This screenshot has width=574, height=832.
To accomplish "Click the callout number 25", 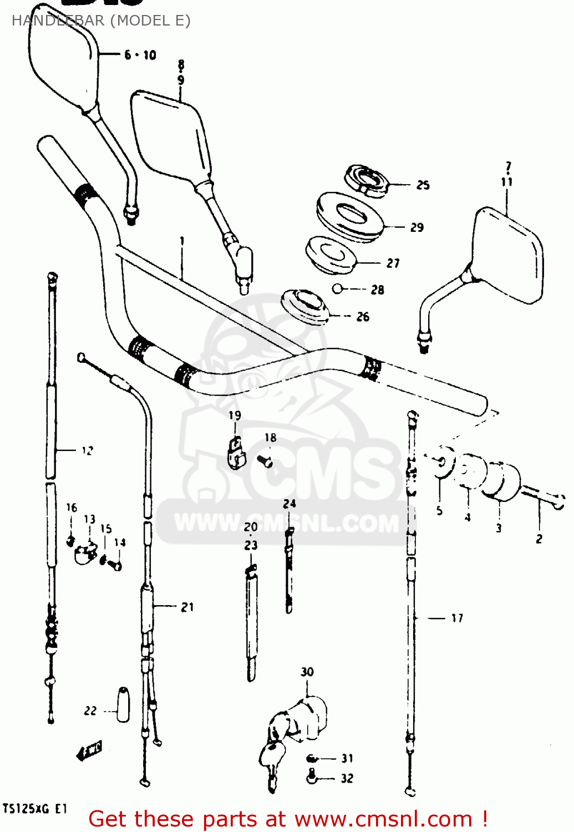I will [423, 185].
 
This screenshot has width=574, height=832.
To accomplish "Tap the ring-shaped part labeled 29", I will [349, 216].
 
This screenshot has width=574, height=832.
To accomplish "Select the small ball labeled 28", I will [337, 288].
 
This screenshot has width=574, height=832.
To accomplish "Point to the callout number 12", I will [87, 451].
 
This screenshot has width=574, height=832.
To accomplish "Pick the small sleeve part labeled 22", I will [123, 705].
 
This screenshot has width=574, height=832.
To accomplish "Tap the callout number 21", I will [187, 607].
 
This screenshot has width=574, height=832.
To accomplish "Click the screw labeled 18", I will [265, 460].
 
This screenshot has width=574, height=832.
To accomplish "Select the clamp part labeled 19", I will [236, 452].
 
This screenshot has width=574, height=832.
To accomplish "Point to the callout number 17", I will [456, 618].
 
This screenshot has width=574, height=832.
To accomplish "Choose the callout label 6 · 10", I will [140, 55].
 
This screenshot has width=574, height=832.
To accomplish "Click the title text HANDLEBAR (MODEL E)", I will [101, 21].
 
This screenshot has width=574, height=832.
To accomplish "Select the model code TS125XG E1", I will [35, 809].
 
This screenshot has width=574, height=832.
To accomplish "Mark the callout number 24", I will [289, 504].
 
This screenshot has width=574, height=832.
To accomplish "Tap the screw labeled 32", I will [312, 777].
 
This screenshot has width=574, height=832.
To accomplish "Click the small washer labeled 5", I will [442, 462].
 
